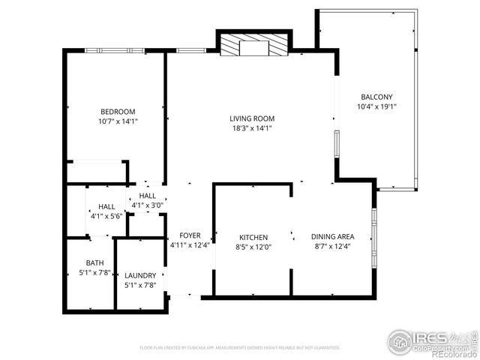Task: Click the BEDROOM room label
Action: pyautogui.click(x=118, y=112)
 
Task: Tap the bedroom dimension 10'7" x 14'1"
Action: pyautogui.click(x=118, y=121)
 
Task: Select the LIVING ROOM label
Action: pyautogui.click(x=252, y=118)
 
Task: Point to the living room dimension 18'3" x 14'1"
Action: pyautogui.click(x=252, y=128)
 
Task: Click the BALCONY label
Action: pyautogui.click(x=376, y=97)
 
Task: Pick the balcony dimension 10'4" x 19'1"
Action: pyautogui.click(x=376, y=106)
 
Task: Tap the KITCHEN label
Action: pyautogui.click(x=253, y=237)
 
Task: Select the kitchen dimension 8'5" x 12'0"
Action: pyautogui.click(x=253, y=247)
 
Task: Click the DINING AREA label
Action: pyautogui.click(x=332, y=237)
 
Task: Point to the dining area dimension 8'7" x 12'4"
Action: pyautogui.click(x=332, y=247)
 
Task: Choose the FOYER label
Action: pyautogui.click(x=188, y=235)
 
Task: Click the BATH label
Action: pyautogui.click(x=95, y=262)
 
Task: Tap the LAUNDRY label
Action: pyautogui.click(x=140, y=275)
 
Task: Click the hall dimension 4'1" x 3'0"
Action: pyautogui.click(x=148, y=205)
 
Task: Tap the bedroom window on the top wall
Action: pyautogui.click(x=114, y=50)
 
